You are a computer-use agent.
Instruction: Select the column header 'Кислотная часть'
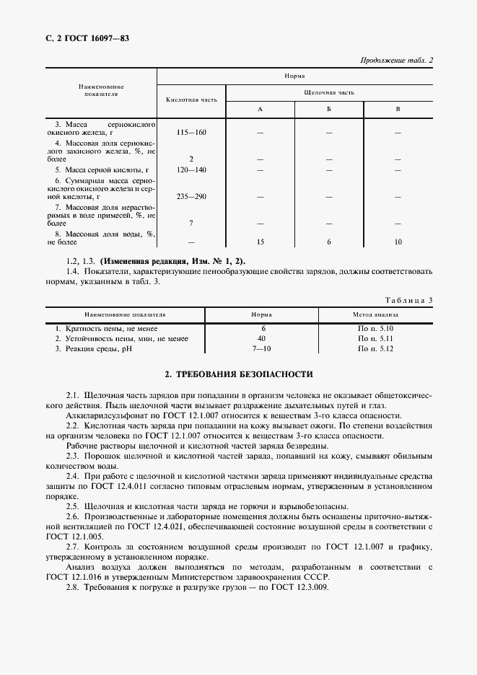click(x=191, y=100)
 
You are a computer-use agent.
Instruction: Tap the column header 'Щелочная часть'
click(x=329, y=92)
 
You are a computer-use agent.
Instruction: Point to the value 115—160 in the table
click(x=191, y=133)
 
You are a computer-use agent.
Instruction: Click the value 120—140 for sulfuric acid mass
click(x=191, y=169)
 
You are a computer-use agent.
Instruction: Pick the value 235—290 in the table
click(x=191, y=196)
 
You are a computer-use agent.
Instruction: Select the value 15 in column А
click(x=259, y=242)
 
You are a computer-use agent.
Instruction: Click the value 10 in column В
click(x=398, y=242)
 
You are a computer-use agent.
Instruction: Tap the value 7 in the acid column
click(x=191, y=223)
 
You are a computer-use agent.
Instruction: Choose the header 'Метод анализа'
click(x=375, y=315)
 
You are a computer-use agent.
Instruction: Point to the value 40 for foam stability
click(x=261, y=337)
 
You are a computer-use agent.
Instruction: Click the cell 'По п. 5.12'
click(x=375, y=348)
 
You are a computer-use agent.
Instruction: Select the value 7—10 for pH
click(x=261, y=348)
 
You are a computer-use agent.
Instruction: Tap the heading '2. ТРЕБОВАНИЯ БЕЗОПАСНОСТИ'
click(x=238, y=374)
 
